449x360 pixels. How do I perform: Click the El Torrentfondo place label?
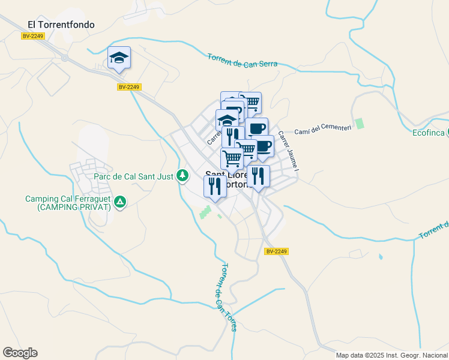(x=62, y=25)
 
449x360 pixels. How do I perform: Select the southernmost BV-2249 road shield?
(x=277, y=251)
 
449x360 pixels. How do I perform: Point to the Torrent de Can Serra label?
(x=242, y=60)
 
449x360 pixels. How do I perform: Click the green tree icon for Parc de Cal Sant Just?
(x=183, y=176)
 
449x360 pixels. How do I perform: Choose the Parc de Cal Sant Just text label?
(x=133, y=176)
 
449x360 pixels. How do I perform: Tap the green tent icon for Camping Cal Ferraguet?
(x=121, y=202)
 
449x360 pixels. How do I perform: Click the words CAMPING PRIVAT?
(x=74, y=207)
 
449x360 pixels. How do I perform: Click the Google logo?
(x=20, y=353)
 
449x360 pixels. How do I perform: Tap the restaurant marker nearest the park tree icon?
(x=215, y=186)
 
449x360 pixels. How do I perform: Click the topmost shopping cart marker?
(x=250, y=103)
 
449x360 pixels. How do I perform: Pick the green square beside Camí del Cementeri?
(x=360, y=124)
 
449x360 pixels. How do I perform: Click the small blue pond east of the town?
(x=380, y=257)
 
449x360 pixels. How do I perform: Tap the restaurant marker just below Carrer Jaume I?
(x=258, y=176)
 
